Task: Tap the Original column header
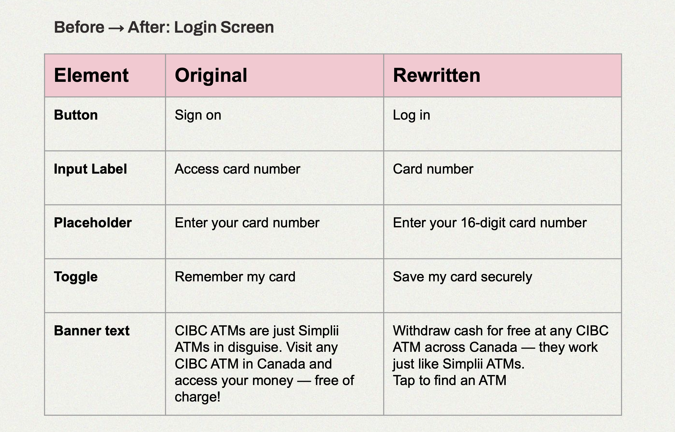click(211, 76)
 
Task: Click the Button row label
click(76, 115)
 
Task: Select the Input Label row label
click(90, 169)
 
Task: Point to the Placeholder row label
click(93, 223)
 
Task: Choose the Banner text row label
click(92, 330)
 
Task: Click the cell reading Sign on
click(198, 115)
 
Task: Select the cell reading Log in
click(411, 115)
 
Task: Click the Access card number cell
click(238, 169)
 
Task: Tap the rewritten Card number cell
click(433, 169)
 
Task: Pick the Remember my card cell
click(235, 277)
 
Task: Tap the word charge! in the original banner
click(197, 397)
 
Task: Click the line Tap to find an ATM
click(450, 380)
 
